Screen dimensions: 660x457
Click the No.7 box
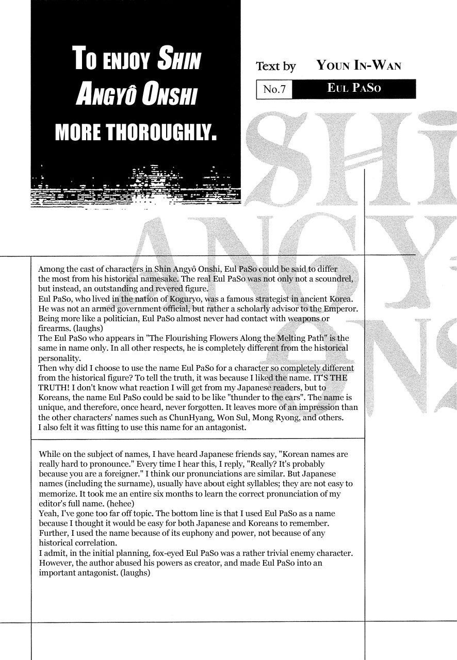[x=274, y=89]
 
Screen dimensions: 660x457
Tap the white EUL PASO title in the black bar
[x=354, y=88]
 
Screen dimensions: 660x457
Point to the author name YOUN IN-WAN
[x=359, y=65]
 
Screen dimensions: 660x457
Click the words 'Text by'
[x=276, y=66]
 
